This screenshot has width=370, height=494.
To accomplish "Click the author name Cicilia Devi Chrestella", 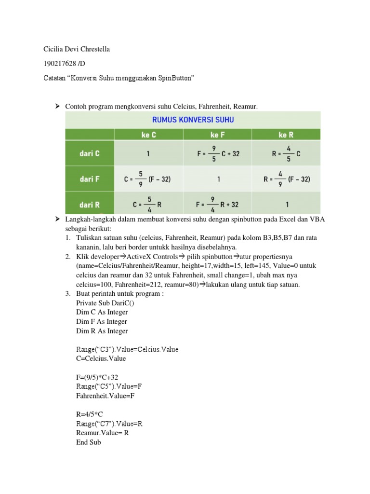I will point(77,50).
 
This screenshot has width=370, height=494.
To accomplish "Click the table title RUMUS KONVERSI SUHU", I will point(193,119).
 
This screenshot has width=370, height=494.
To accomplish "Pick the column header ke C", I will point(148,135).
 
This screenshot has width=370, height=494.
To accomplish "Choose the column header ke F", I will point(218,135).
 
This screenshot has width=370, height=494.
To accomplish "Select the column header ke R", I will point(286,135).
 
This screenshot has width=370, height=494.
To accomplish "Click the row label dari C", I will point(90,154).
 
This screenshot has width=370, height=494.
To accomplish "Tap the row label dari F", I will point(90,179).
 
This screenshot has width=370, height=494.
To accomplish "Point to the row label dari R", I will point(90,205).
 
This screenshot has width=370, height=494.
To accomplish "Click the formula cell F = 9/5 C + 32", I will point(218,154).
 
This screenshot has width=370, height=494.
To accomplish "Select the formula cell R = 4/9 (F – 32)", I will point(286,179).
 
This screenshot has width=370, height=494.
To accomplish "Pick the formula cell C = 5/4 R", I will point(148,205).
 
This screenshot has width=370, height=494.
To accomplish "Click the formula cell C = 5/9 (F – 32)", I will point(148,179).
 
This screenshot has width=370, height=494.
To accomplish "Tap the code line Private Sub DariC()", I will point(106,303).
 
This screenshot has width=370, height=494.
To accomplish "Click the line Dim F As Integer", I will point(102,321).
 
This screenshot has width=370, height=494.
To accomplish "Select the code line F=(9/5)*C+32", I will point(97,377).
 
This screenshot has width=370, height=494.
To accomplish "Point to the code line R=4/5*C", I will point(90,414).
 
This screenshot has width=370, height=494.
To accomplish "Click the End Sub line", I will point(89,442).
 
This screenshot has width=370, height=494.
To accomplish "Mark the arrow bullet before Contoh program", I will point(56,106).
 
